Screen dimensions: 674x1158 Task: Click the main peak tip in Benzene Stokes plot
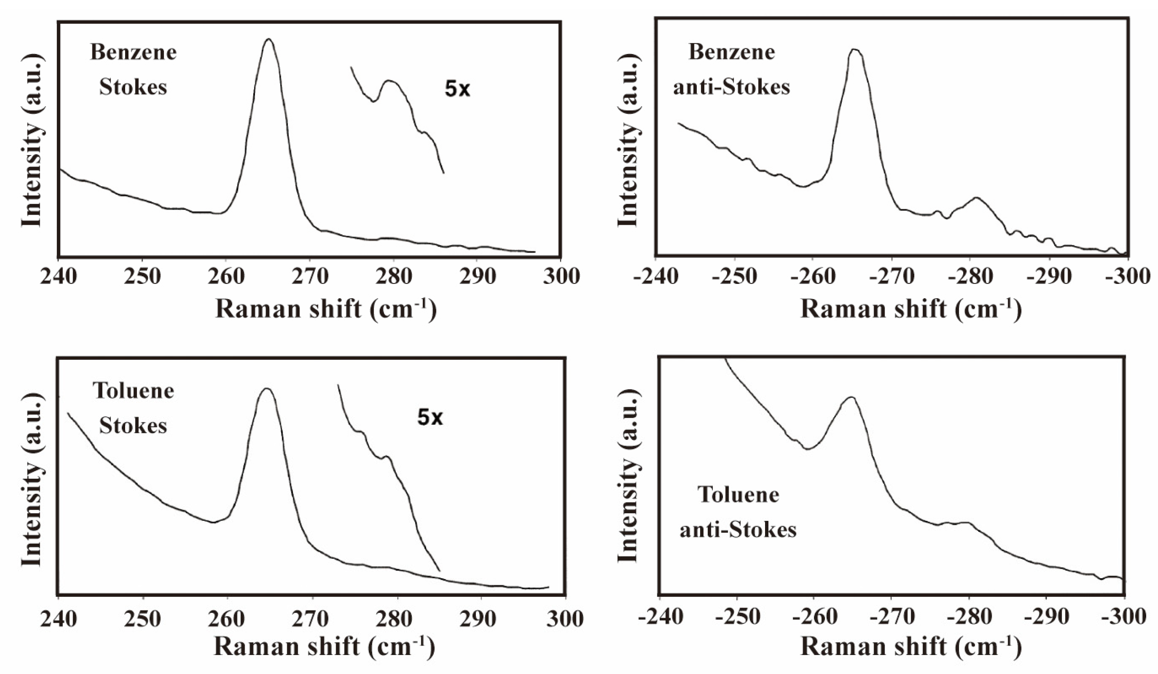pyautogui.click(x=269, y=40)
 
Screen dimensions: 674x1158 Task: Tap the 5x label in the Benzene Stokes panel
pyautogui.click(x=457, y=89)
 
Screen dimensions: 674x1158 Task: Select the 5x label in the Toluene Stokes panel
pyautogui.click(x=429, y=418)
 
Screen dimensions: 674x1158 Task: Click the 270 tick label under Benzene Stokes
pyautogui.click(x=310, y=276)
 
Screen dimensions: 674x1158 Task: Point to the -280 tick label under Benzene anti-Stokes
pyautogui.click(x=970, y=276)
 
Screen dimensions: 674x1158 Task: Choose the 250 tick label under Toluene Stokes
pyautogui.click(x=142, y=619)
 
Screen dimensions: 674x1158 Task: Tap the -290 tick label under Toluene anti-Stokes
pyautogui.click(x=1048, y=616)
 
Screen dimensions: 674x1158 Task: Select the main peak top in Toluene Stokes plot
pyautogui.click(x=267, y=389)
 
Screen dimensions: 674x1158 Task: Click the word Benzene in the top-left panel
pyautogui.click(x=133, y=52)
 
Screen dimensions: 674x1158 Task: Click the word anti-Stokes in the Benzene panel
pyautogui.click(x=731, y=87)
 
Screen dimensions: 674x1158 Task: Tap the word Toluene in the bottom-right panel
pyautogui.click(x=738, y=495)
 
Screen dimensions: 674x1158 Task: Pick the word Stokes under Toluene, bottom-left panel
pyautogui.click(x=133, y=425)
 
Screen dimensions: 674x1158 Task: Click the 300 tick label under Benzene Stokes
pyautogui.click(x=561, y=276)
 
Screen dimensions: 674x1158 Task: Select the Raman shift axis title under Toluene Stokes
pyautogui.click(x=324, y=647)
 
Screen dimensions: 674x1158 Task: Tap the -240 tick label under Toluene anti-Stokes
pyautogui.click(x=660, y=616)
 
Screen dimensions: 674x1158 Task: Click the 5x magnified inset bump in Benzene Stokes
pyautogui.click(x=390, y=82)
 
